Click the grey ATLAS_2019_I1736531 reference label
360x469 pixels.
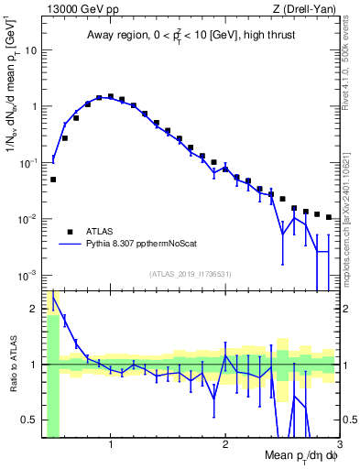tap(191, 274)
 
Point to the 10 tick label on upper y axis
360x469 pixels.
tap(30, 49)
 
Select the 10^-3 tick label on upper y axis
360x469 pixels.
tap(28, 276)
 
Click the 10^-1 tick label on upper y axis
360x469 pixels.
tap(28, 162)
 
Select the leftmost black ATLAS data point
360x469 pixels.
tap(53, 180)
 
